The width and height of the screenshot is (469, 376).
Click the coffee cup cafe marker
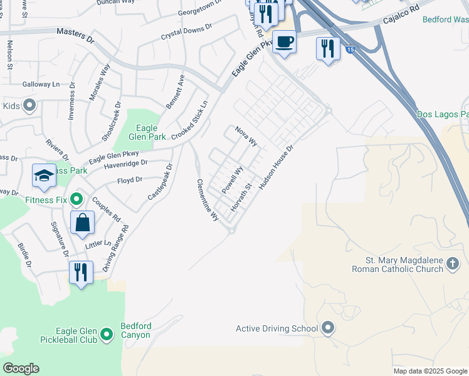285,42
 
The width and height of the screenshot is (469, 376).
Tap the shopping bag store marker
83,222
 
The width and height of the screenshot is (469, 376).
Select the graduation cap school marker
44,176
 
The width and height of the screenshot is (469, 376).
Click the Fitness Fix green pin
76,200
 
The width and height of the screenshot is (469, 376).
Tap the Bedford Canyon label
136,330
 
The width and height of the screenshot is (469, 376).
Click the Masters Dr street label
75,34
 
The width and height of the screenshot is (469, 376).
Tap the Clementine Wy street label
208,200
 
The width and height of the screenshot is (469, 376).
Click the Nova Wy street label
246,136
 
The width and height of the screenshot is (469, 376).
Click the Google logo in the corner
21,368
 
